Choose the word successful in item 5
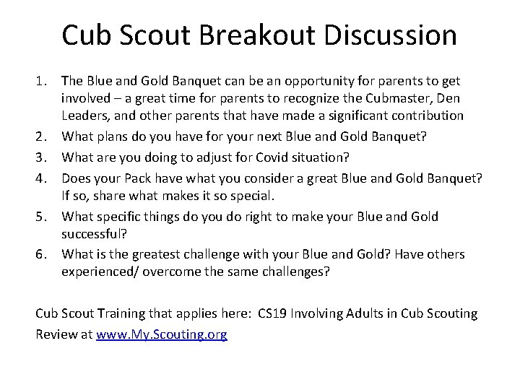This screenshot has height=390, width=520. click(x=92, y=234)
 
